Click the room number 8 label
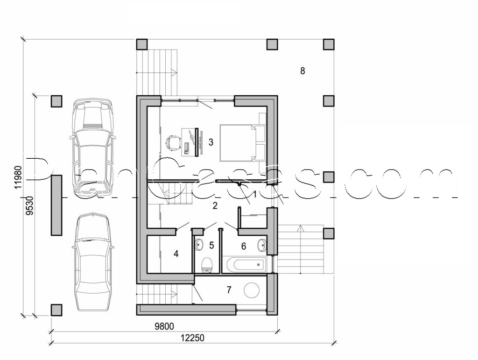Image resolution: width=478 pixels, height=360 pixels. point(302,71)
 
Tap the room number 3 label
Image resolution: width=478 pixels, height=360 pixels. point(211,142)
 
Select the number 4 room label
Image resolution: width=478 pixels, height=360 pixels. point(176,254)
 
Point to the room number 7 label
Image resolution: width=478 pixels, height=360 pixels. point(229,290)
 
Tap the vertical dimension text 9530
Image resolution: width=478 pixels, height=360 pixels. point(29,205)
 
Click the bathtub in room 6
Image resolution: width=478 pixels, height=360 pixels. point(244,265)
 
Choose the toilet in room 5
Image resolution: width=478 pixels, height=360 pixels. point(206,266)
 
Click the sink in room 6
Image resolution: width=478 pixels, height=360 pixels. point(262,245)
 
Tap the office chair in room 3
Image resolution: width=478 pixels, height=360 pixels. point(173,142)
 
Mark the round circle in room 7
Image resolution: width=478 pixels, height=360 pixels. point(252,290)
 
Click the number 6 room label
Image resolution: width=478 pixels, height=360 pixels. point(244,246)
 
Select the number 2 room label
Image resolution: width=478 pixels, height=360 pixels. point(215,205)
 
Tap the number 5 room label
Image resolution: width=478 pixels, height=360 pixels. point(211,245)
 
